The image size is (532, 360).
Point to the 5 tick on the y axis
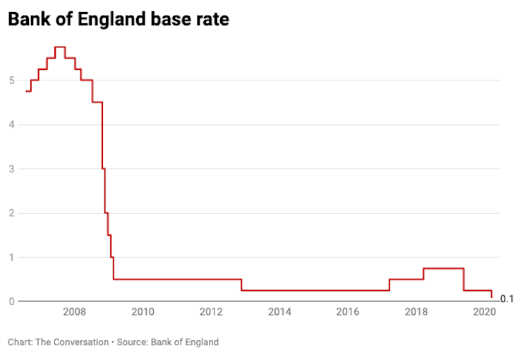12,80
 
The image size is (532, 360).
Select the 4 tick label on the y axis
12,125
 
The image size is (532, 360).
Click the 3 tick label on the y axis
12,169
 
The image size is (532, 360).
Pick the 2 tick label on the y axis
12,213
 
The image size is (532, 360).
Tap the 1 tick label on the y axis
12,258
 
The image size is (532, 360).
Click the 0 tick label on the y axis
12,301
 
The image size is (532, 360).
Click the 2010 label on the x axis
143,312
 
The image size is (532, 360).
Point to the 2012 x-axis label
211,312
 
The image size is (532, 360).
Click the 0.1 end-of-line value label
507,299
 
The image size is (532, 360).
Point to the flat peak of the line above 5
60,47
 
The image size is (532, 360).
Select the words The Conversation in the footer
71,342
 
